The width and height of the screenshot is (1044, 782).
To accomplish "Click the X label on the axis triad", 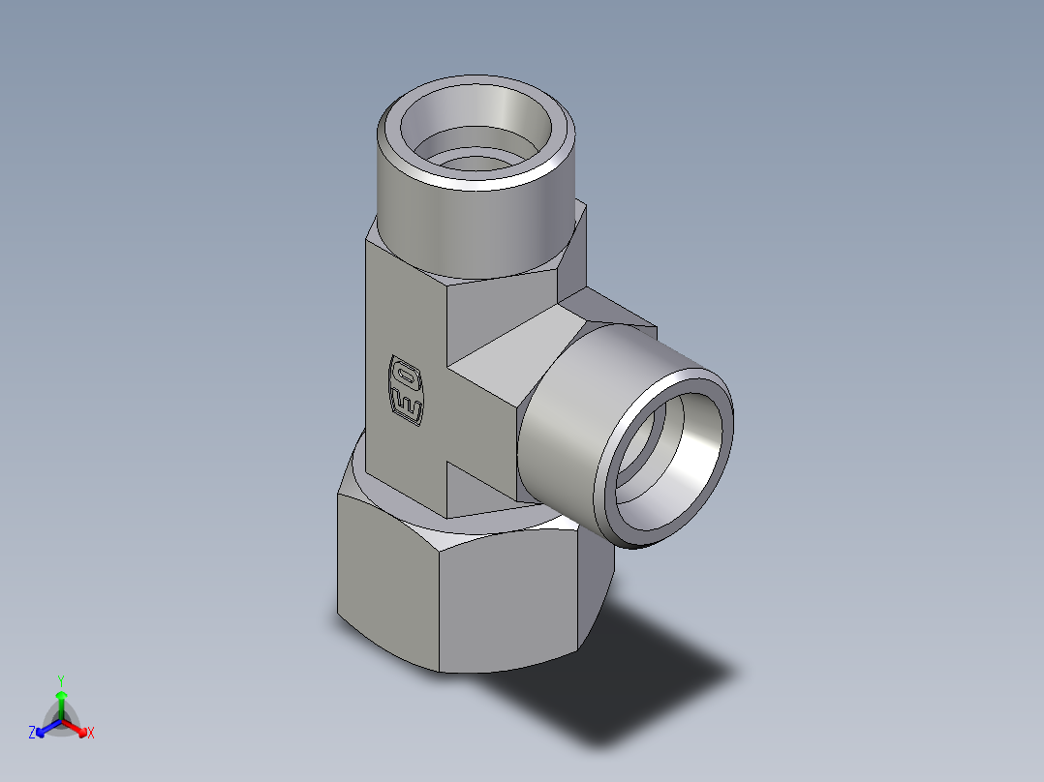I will point(91,734).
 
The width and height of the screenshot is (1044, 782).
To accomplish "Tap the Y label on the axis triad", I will point(60,679).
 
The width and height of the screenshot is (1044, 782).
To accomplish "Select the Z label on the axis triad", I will point(32,734).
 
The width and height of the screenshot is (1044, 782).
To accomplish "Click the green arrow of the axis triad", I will point(60,699).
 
